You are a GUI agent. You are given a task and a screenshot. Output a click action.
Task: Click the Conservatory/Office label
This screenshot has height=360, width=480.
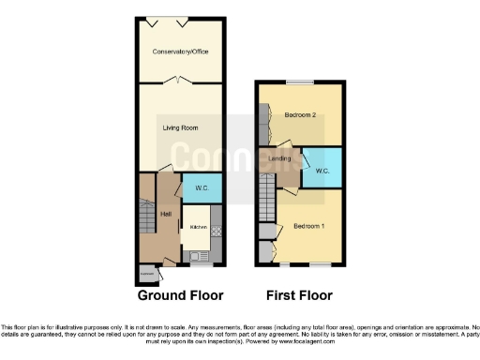click(x=181, y=51)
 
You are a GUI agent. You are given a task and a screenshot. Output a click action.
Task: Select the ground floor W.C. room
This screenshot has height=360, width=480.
click(x=202, y=188)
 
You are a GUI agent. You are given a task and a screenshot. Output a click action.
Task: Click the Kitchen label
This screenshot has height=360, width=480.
click(x=199, y=227)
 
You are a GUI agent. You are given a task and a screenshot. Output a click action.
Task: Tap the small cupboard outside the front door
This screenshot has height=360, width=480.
click(x=146, y=274)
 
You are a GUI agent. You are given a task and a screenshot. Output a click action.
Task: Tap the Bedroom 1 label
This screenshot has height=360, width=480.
click(x=308, y=227)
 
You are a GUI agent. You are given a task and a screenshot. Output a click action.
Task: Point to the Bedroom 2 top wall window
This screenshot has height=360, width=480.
click(x=300, y=83)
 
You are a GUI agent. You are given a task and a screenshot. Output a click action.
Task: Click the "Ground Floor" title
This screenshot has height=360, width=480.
click(x=181, y=295)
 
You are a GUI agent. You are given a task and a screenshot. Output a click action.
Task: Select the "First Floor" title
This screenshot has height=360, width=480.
click(x=299, y=295)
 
